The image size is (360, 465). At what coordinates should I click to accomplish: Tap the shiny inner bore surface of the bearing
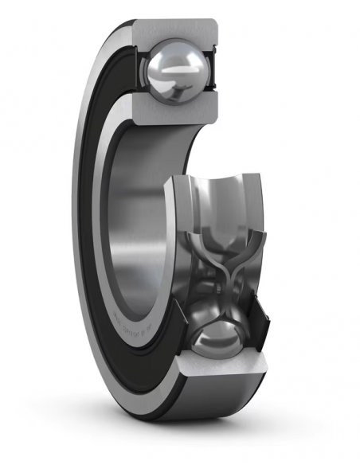[x=135, y=231]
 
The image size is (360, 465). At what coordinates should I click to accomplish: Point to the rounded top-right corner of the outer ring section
[x=214, y=23]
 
